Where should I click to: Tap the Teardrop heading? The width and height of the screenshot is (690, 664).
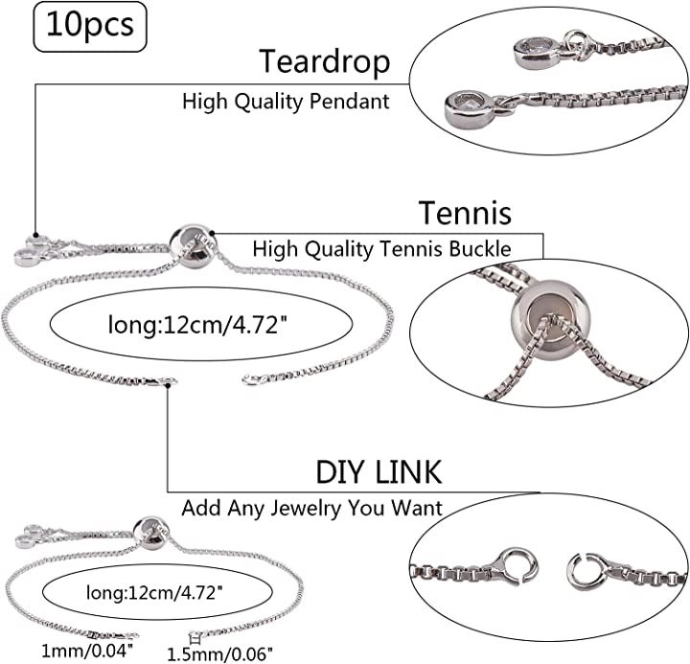pos(325,61)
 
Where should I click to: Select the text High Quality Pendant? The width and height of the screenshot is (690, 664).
pos(286,102)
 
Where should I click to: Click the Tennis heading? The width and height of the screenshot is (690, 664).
pos(464,211)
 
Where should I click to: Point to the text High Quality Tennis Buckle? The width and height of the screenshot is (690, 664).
pos(381,248)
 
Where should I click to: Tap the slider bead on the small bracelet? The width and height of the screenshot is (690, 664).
pos(150,530)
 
